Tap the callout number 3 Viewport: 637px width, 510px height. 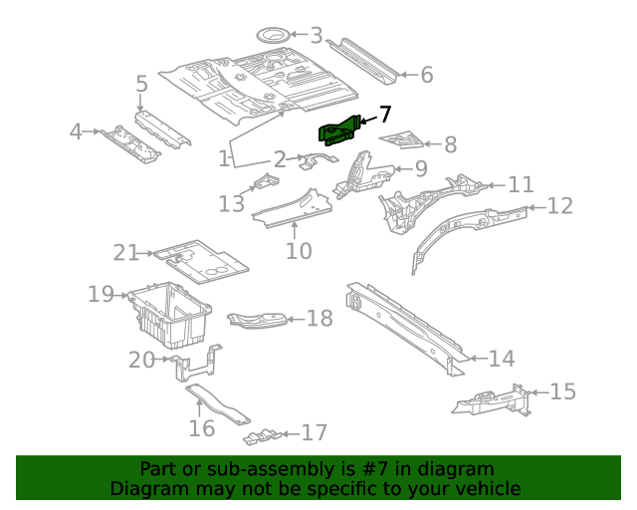(317, 37)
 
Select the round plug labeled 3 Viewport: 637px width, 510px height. (272, 35)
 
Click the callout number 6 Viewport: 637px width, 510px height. (426, 75)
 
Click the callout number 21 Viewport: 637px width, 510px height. (125, 253)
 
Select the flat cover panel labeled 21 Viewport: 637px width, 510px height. (204, 257)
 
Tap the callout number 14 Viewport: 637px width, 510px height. (502, 359)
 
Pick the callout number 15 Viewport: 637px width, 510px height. (562, 391)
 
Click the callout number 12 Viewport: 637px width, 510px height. (560, 206)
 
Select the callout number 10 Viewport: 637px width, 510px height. (299, 251)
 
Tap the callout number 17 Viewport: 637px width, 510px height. (315, 433)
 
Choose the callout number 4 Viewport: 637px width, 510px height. (76, 131)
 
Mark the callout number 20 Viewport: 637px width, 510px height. (141, 360)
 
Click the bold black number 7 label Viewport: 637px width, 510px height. (384, 115)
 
